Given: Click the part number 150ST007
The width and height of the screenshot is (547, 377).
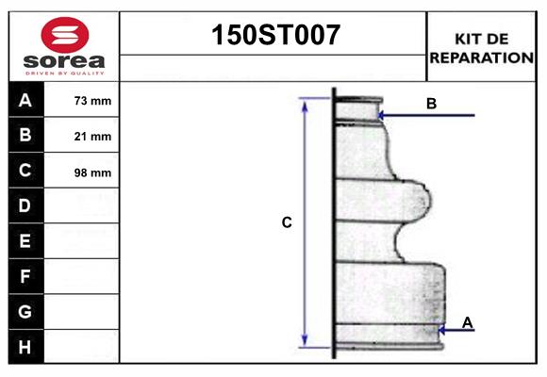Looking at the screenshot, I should pyautogui.click(x=273, y=35).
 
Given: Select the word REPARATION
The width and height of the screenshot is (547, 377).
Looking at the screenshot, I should pyautogui.click(x=482, y=57).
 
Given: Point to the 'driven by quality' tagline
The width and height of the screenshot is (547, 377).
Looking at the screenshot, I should pyautogui.click(x=65, y=73).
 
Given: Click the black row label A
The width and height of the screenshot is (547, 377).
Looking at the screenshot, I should pyautogui.click(x=25, y=100).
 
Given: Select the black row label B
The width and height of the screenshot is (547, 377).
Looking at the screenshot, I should pyautogui.click(x=25, y=136).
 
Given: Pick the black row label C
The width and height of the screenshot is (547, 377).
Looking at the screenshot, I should pyautogui.click(x=25, y=172).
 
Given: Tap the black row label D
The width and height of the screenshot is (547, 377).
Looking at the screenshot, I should pyautogui.click(x=25, y=205).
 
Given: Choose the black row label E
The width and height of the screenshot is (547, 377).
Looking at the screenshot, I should pyautogui.click(x=25, y=241).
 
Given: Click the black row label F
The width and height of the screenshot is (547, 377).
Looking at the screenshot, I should pyautogui.click(x=25, y=277).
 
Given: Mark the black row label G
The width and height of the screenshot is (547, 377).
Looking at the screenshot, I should pyautogui.click(x=25, y=311).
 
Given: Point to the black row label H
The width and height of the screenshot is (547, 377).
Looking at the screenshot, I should pyautogui.click(x=25, y=347).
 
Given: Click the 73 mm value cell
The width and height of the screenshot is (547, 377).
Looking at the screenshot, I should pyautogui.click(x=92, y=101).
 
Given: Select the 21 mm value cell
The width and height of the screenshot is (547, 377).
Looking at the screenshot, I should pyautogui.click(x=92, y=137).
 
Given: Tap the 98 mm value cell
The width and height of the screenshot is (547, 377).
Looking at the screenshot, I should pyautogui.click(x=92, y=172).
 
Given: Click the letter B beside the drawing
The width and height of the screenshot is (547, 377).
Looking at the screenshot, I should pyautogui.click(x=431, y=104).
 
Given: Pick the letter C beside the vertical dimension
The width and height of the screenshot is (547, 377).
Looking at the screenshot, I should pyautogui.click(x=287, y=223).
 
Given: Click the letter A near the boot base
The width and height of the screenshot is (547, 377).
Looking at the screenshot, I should pyautogui.click(x=468, y=323).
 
